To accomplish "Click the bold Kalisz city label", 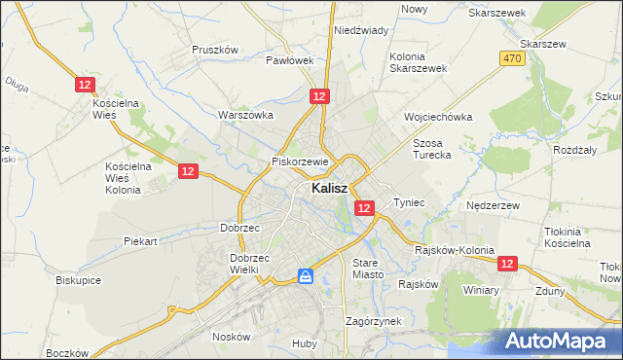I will (331, 190).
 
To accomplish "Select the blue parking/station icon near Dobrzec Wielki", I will (306, 277).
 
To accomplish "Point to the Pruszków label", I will (215, 50).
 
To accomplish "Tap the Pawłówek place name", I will (290, 59).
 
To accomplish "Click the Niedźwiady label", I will (361, 30).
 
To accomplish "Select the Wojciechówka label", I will (438, 117).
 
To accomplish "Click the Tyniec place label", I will (409, 202).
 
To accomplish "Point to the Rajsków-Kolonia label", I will (455, 249).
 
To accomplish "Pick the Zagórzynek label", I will (374, 320).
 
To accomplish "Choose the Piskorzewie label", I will (302, 162).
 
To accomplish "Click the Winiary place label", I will (481, 290).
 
